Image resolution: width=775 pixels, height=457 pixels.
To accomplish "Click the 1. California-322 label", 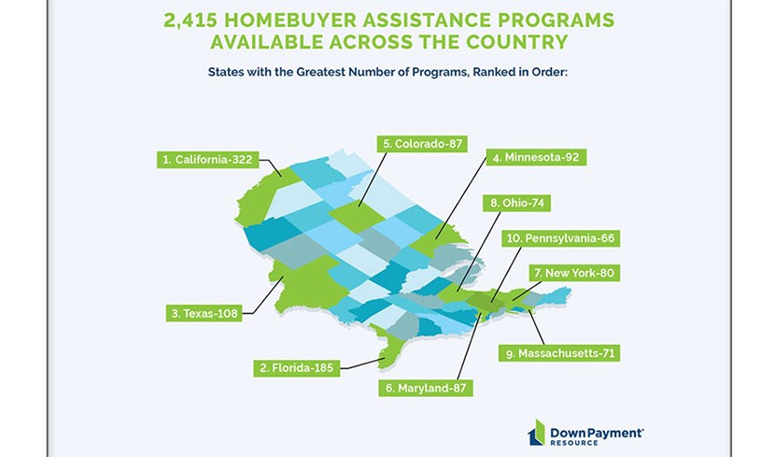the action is (207, 160).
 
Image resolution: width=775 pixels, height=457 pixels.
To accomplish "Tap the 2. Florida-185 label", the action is (297, 368).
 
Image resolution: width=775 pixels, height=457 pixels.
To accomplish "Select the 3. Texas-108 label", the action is (204, 313).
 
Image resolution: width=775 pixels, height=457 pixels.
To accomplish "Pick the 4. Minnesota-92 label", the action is (536, 157).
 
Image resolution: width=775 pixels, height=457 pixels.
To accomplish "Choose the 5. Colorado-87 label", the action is (422, 143).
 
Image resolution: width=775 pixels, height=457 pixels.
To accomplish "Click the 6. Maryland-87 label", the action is (426, 388).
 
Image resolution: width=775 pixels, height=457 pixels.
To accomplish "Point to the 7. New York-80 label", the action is (574, 273).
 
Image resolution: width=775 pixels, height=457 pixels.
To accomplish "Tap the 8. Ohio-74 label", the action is (517, 203).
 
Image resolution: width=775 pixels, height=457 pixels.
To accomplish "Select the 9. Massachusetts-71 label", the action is (559, 353).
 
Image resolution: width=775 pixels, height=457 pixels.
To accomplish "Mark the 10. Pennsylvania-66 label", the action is (560, 238).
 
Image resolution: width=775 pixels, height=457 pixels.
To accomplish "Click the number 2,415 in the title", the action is (190, 21).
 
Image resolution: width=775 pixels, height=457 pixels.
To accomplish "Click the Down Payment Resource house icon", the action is (536, 433).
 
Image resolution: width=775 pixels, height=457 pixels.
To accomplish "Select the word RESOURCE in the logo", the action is (574, 443).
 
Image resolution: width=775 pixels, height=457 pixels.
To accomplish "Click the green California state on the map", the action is (260, 198).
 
